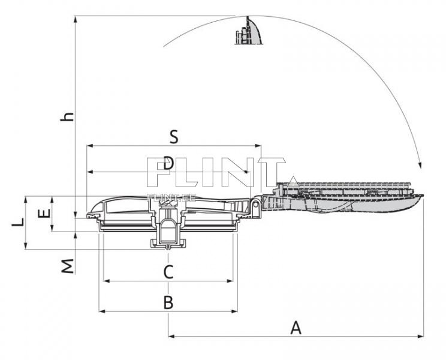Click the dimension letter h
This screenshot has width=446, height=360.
[x=70, y=115]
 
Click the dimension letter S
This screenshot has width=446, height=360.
[x=173, y=137]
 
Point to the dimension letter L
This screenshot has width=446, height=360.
[x=19, y=222]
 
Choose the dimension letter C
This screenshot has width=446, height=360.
[x=168, y=272]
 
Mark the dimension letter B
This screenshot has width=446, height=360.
[x=168, y=302]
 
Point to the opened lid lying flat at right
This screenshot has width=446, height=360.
[x=348, y=195]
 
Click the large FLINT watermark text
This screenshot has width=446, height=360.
[x=216, y=172]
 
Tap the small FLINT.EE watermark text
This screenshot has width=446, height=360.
[x=164, y=196]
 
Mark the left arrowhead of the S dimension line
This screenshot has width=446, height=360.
[x=90, y=146]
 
